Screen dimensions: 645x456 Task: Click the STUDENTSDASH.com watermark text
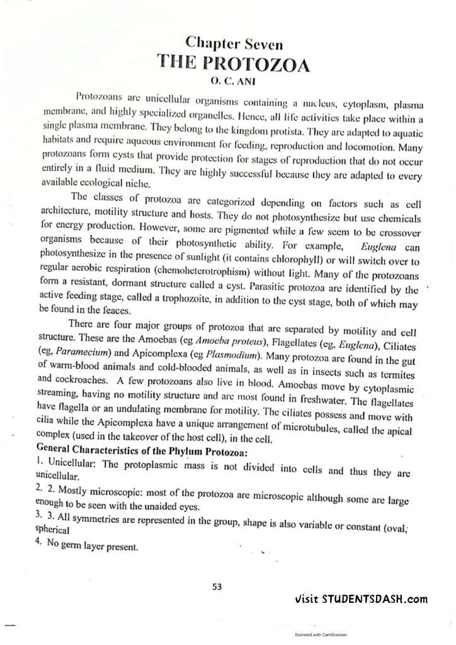coord(362,600)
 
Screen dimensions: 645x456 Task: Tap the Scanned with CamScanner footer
coord(325,635)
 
